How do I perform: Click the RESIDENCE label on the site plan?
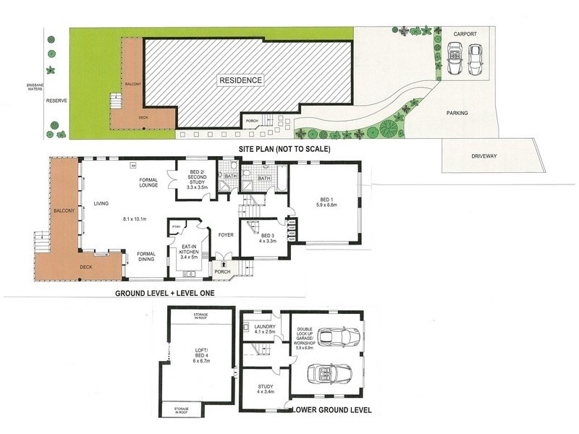tap(242, 80)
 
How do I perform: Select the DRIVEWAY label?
tap(491, 156)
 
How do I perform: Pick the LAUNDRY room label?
tap(260, 328)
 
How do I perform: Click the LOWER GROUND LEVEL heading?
tap(333, 410)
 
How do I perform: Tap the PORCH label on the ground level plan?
tap(224, 273)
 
